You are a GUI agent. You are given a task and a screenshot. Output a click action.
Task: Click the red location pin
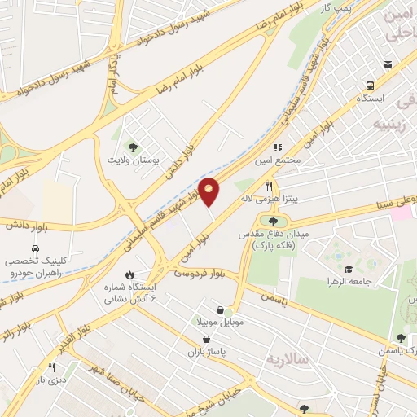coord(209,191)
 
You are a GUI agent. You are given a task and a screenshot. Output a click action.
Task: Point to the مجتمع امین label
coord(282,160)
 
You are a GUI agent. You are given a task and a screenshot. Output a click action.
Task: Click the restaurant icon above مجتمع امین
coord(278,148)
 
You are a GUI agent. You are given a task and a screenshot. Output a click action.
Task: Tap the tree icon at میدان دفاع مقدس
coord(273,221)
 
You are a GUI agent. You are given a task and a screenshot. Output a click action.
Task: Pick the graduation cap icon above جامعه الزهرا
coord(349,269)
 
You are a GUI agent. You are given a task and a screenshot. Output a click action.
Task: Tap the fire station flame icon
coord(129,274)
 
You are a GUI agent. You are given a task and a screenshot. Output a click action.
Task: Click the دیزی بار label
coord(50,380)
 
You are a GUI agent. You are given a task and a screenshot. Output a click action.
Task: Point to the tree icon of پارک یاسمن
coord(400,337)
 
